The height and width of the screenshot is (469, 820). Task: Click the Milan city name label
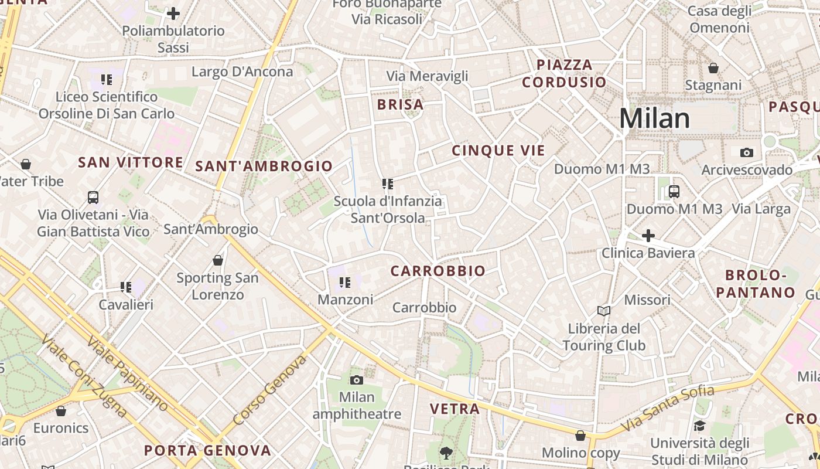point(655,118)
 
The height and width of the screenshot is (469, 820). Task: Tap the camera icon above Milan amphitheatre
point(357,380)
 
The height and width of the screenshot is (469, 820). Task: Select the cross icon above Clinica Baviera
point(648,236)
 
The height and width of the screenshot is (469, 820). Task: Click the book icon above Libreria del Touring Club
point(604,311)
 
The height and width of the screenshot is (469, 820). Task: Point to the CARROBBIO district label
point(438,271)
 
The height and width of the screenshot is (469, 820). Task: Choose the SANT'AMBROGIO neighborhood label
point(264,166)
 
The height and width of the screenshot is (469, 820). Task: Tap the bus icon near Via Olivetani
point(93,197)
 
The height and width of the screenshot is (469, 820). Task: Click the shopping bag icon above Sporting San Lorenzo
point(218,260)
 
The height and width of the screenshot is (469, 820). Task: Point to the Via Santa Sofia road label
point(668,408)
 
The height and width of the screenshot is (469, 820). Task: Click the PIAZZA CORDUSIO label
point(564,73)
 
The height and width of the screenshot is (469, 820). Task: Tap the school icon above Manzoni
point(345,283)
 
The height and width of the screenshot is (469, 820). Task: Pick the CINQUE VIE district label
point(498,151)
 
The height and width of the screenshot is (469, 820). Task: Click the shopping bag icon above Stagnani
point(713,69)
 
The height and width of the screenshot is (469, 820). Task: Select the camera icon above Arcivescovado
point(746,152)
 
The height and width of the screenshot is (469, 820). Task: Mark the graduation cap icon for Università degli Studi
point(699,426)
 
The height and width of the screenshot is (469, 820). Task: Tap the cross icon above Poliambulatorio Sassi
point(173,13)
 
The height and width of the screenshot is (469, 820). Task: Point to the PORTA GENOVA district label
point(208,450)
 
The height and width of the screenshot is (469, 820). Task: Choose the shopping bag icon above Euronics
point(61,411)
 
